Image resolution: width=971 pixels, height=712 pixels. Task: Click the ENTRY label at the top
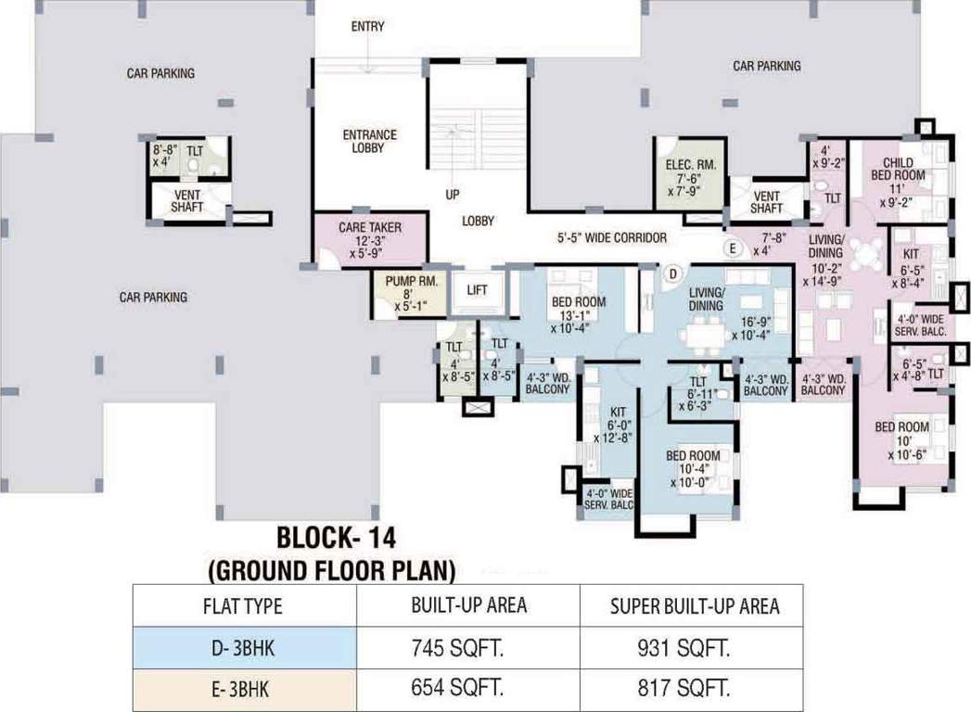pos(367,26)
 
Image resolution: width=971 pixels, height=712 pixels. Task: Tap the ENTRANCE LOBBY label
pos(369,141)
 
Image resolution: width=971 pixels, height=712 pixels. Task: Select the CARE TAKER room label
pos(368,238)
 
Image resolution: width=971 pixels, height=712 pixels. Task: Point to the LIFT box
pos(477,290)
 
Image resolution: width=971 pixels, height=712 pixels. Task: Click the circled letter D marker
pos(674,273)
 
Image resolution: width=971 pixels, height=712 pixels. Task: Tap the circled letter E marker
pos(733,248)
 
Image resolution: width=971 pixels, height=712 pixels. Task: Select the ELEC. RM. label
pos(688,178)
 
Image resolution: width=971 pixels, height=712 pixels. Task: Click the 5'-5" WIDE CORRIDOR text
pos(611,237)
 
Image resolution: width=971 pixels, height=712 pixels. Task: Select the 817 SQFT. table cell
pos(695,689)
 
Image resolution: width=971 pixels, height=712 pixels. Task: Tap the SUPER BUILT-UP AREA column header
pos(695,606)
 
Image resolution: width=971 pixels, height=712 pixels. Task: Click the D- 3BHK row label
pos(243,648)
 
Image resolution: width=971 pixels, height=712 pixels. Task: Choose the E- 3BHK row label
pos(243,689)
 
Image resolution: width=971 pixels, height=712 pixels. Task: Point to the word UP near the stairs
pos(453,195)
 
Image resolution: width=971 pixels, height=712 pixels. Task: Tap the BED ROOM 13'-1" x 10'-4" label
pos(578,314)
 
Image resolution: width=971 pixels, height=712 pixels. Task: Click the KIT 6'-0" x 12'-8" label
pos(614,424)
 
